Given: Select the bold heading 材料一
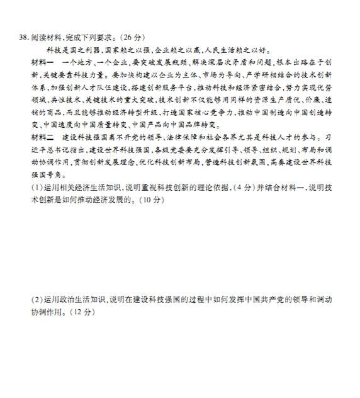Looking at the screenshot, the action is click(x=43, y=63).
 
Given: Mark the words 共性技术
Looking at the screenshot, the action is click(x=68, y=101).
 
